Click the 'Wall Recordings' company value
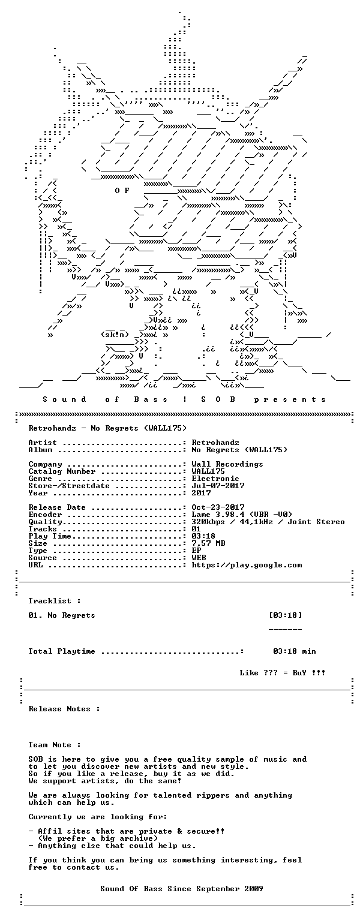(x=227, y=464)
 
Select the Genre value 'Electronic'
(x=215, y=479)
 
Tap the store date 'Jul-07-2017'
(x=218, y=486)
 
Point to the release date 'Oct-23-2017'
(x=218, y=507)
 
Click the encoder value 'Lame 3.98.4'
(x=218, y=515)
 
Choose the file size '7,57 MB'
(x=209, y=543)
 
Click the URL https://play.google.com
(x=247, y=565)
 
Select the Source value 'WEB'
(x=199, y=558)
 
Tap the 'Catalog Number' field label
(x=62, y=471)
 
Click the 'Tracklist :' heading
(x=55, y=601)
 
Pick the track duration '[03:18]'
(x=286, y=615)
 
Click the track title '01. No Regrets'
(x=62, y=615)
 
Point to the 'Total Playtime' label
(x=62, y=651)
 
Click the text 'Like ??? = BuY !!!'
(x=283, y=673)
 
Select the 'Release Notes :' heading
(x=64, y=709)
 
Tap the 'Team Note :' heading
(x=55, y=745)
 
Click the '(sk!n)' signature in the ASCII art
(x=115, y=335)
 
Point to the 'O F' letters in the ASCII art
(x=122, y=191)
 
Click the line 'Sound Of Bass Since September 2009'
(x=182, y=889)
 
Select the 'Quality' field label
(x=46, y=522)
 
